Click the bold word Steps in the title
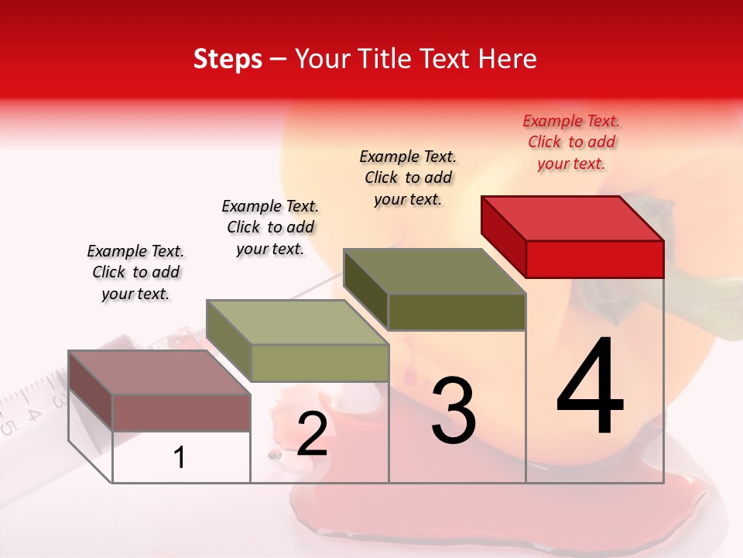tap(228, 59)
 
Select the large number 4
tap(590, 387)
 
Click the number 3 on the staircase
tap(454, 411)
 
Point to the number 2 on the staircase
tap(312, 434)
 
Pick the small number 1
tap(180, 457)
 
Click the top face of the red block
tap(573, 218)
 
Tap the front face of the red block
tap(594, 259)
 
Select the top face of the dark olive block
tap(435, 271)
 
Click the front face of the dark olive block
tap(457, 312)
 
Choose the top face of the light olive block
tap(297, 322)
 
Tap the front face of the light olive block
tap(319, 363)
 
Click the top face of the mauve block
tap(159, 373)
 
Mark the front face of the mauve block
tap(181, 413)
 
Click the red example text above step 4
tap(571, 142)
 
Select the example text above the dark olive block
tap(408, 177)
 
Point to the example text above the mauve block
tap(135, 272)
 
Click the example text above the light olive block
tap(270, 227)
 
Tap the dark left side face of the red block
tap(504, 236)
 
